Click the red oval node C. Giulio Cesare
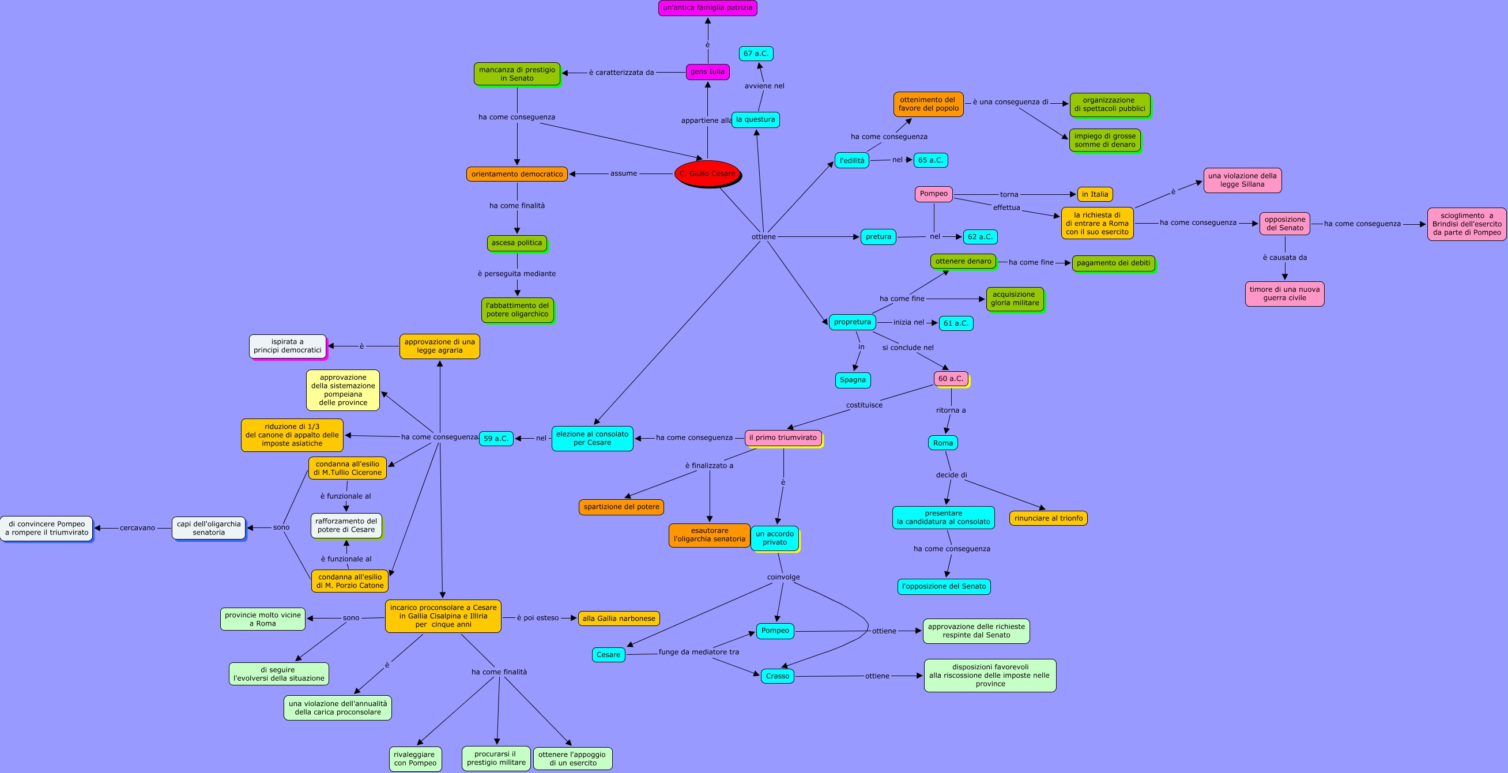(x=707, y=174)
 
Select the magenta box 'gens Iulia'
(x=707, y=72)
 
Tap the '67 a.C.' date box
(x=756, y=54)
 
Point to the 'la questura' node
(x=755, y=119)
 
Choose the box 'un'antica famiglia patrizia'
(x=707, y=8)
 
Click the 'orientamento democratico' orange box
(x=517, y=174)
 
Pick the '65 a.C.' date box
(x=930, y=160)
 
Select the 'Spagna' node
(x=853, y=380)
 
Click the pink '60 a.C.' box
(x=950, y=379)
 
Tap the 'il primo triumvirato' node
(x=783, y=438)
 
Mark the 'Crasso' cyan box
(x=778, y=676)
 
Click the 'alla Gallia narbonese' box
(x=619, y=619)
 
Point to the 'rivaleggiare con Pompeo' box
(x=415, y=759)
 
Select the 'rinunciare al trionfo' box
(x=1048, y=518)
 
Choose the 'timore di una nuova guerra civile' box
(x=1284, y=294)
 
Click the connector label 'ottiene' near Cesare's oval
(x=763, y=236)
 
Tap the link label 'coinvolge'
(x=783, y=577)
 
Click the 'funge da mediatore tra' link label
(x=699, y=652)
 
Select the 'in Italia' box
(x=1095, y=194)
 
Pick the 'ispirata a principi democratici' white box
(x=288, y=346)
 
